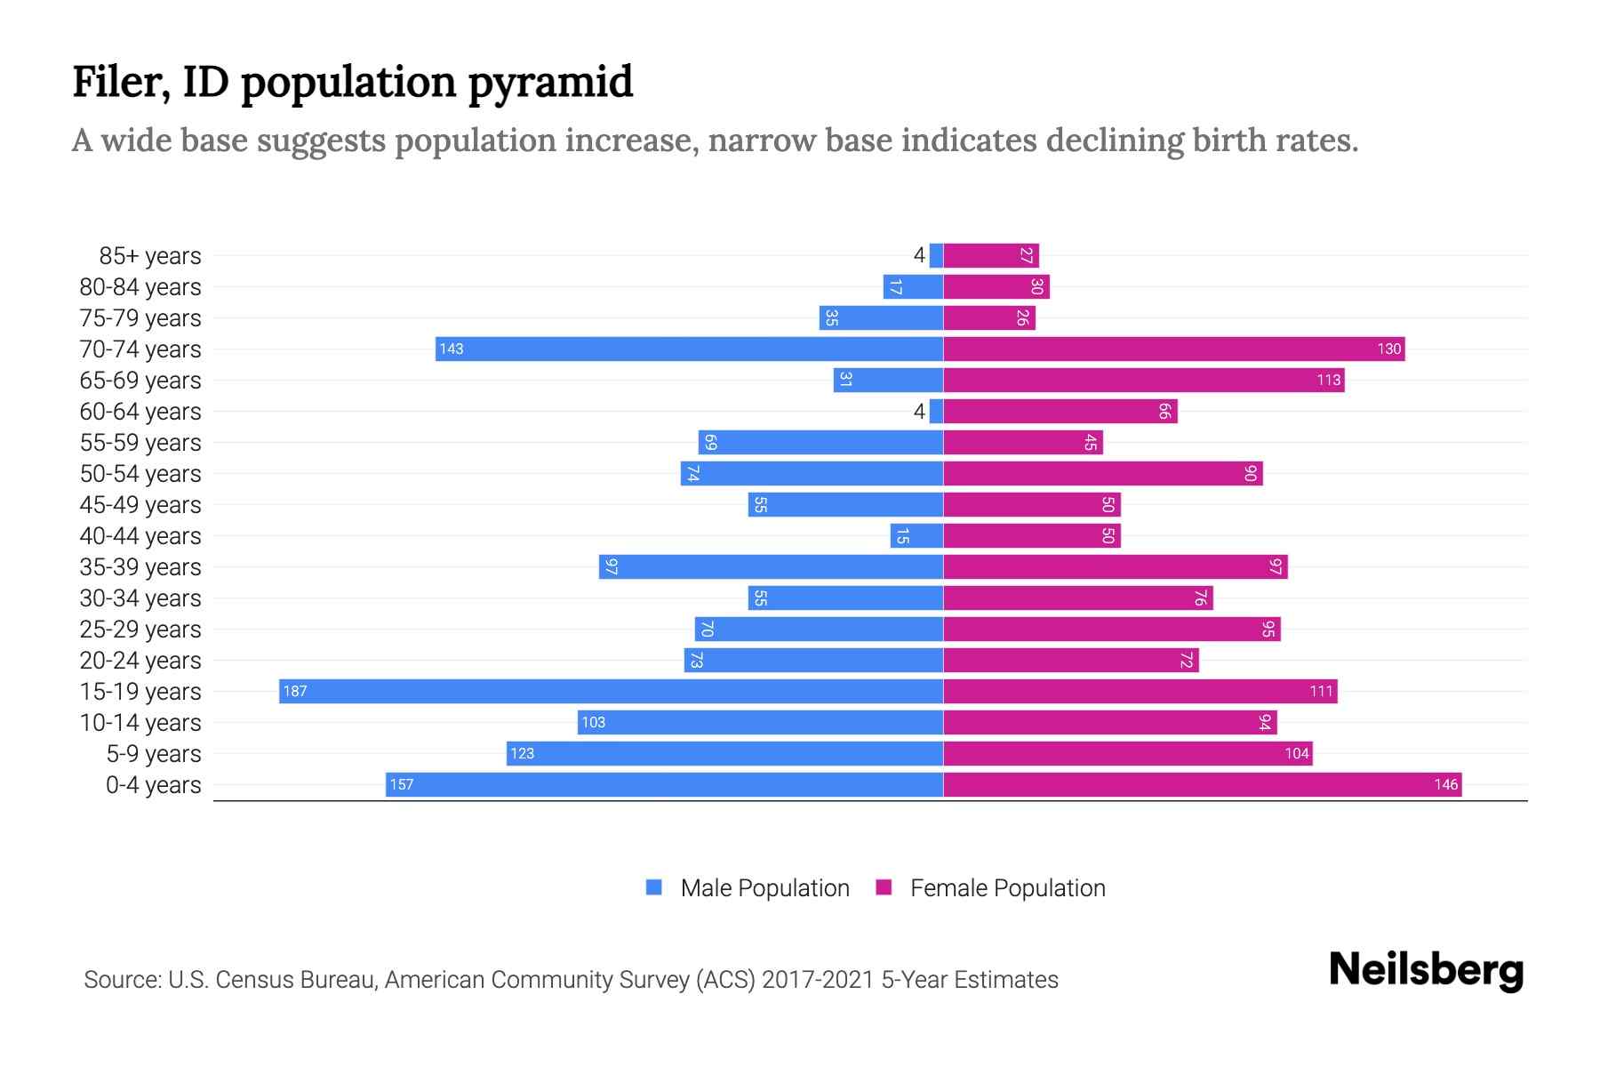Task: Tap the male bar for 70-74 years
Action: coord(689,349)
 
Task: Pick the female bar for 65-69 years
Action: coord(1143,380)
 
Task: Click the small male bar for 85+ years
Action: coord(936,255)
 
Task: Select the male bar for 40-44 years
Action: coord(916,535)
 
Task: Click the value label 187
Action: coord(295,691)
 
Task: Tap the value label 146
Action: coord(1445,784)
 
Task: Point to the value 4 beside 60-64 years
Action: coord(919,411)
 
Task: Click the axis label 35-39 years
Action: coord(140,566)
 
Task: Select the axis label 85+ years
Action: coord(150,255)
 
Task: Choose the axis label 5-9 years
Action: coord(154,753)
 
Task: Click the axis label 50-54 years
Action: coord(140,473)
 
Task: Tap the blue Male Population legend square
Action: coord(654,887)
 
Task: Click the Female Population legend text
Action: coord(1007,887)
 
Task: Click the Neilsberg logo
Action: coord(1426,970)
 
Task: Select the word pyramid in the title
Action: coord(550,82)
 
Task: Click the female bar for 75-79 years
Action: coord(988,317)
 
